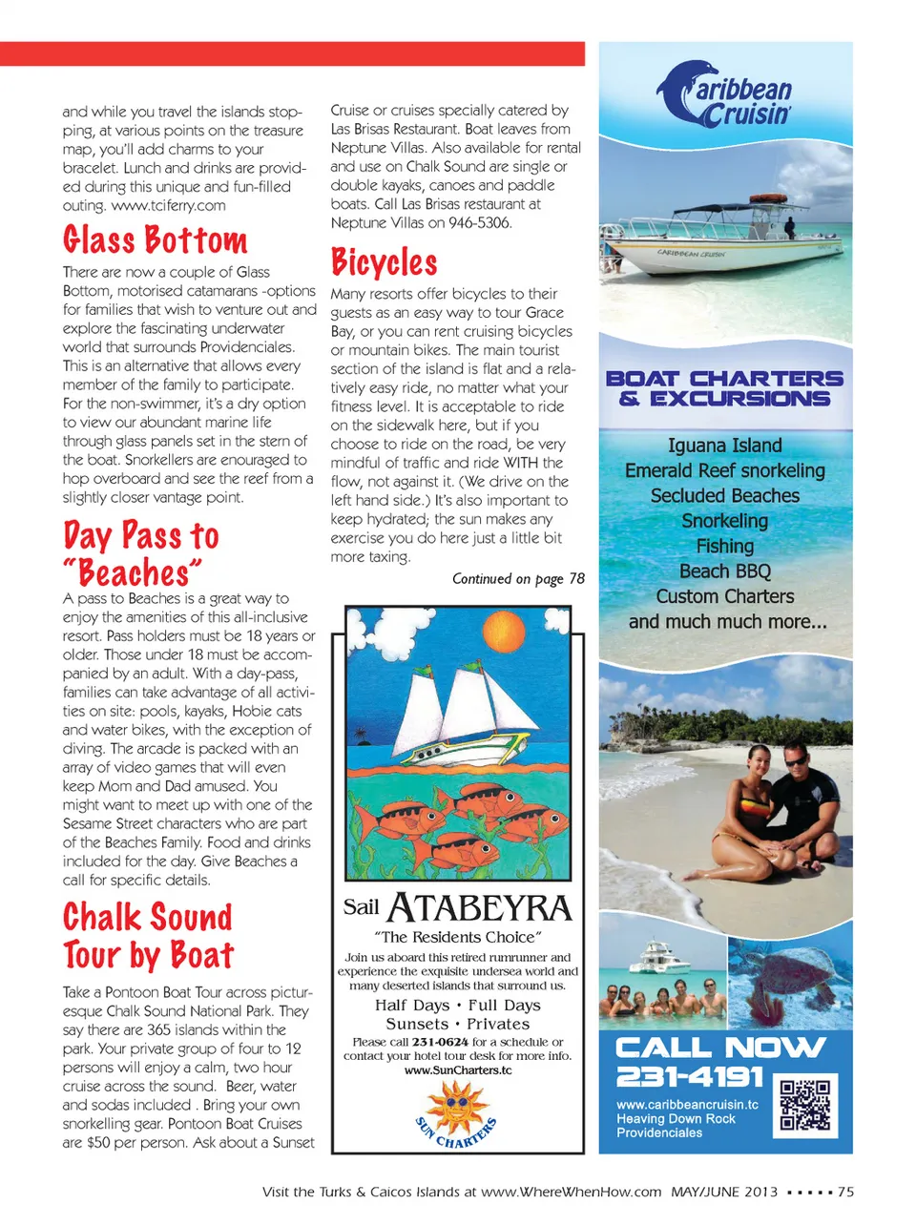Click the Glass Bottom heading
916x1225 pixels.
point(156,239)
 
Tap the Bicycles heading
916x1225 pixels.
point(385,262)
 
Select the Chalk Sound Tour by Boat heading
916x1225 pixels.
point(149,936)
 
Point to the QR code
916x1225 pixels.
point(805,1105)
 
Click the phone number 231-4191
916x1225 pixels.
point(690,1076)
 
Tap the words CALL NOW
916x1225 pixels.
point(720,1047)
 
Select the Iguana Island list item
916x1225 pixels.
point(725,446)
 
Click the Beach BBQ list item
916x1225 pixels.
point(725,571)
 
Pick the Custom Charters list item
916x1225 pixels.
point(725,596)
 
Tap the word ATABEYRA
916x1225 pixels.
point(479,908)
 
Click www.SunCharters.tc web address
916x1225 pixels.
point(458,1070)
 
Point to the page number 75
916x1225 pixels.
point(845,1192)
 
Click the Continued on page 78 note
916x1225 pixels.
point(518,579)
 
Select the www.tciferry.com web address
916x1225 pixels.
point(169,205)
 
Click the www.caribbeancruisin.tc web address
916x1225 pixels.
point(687,1105)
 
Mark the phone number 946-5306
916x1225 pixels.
point(480,223)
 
